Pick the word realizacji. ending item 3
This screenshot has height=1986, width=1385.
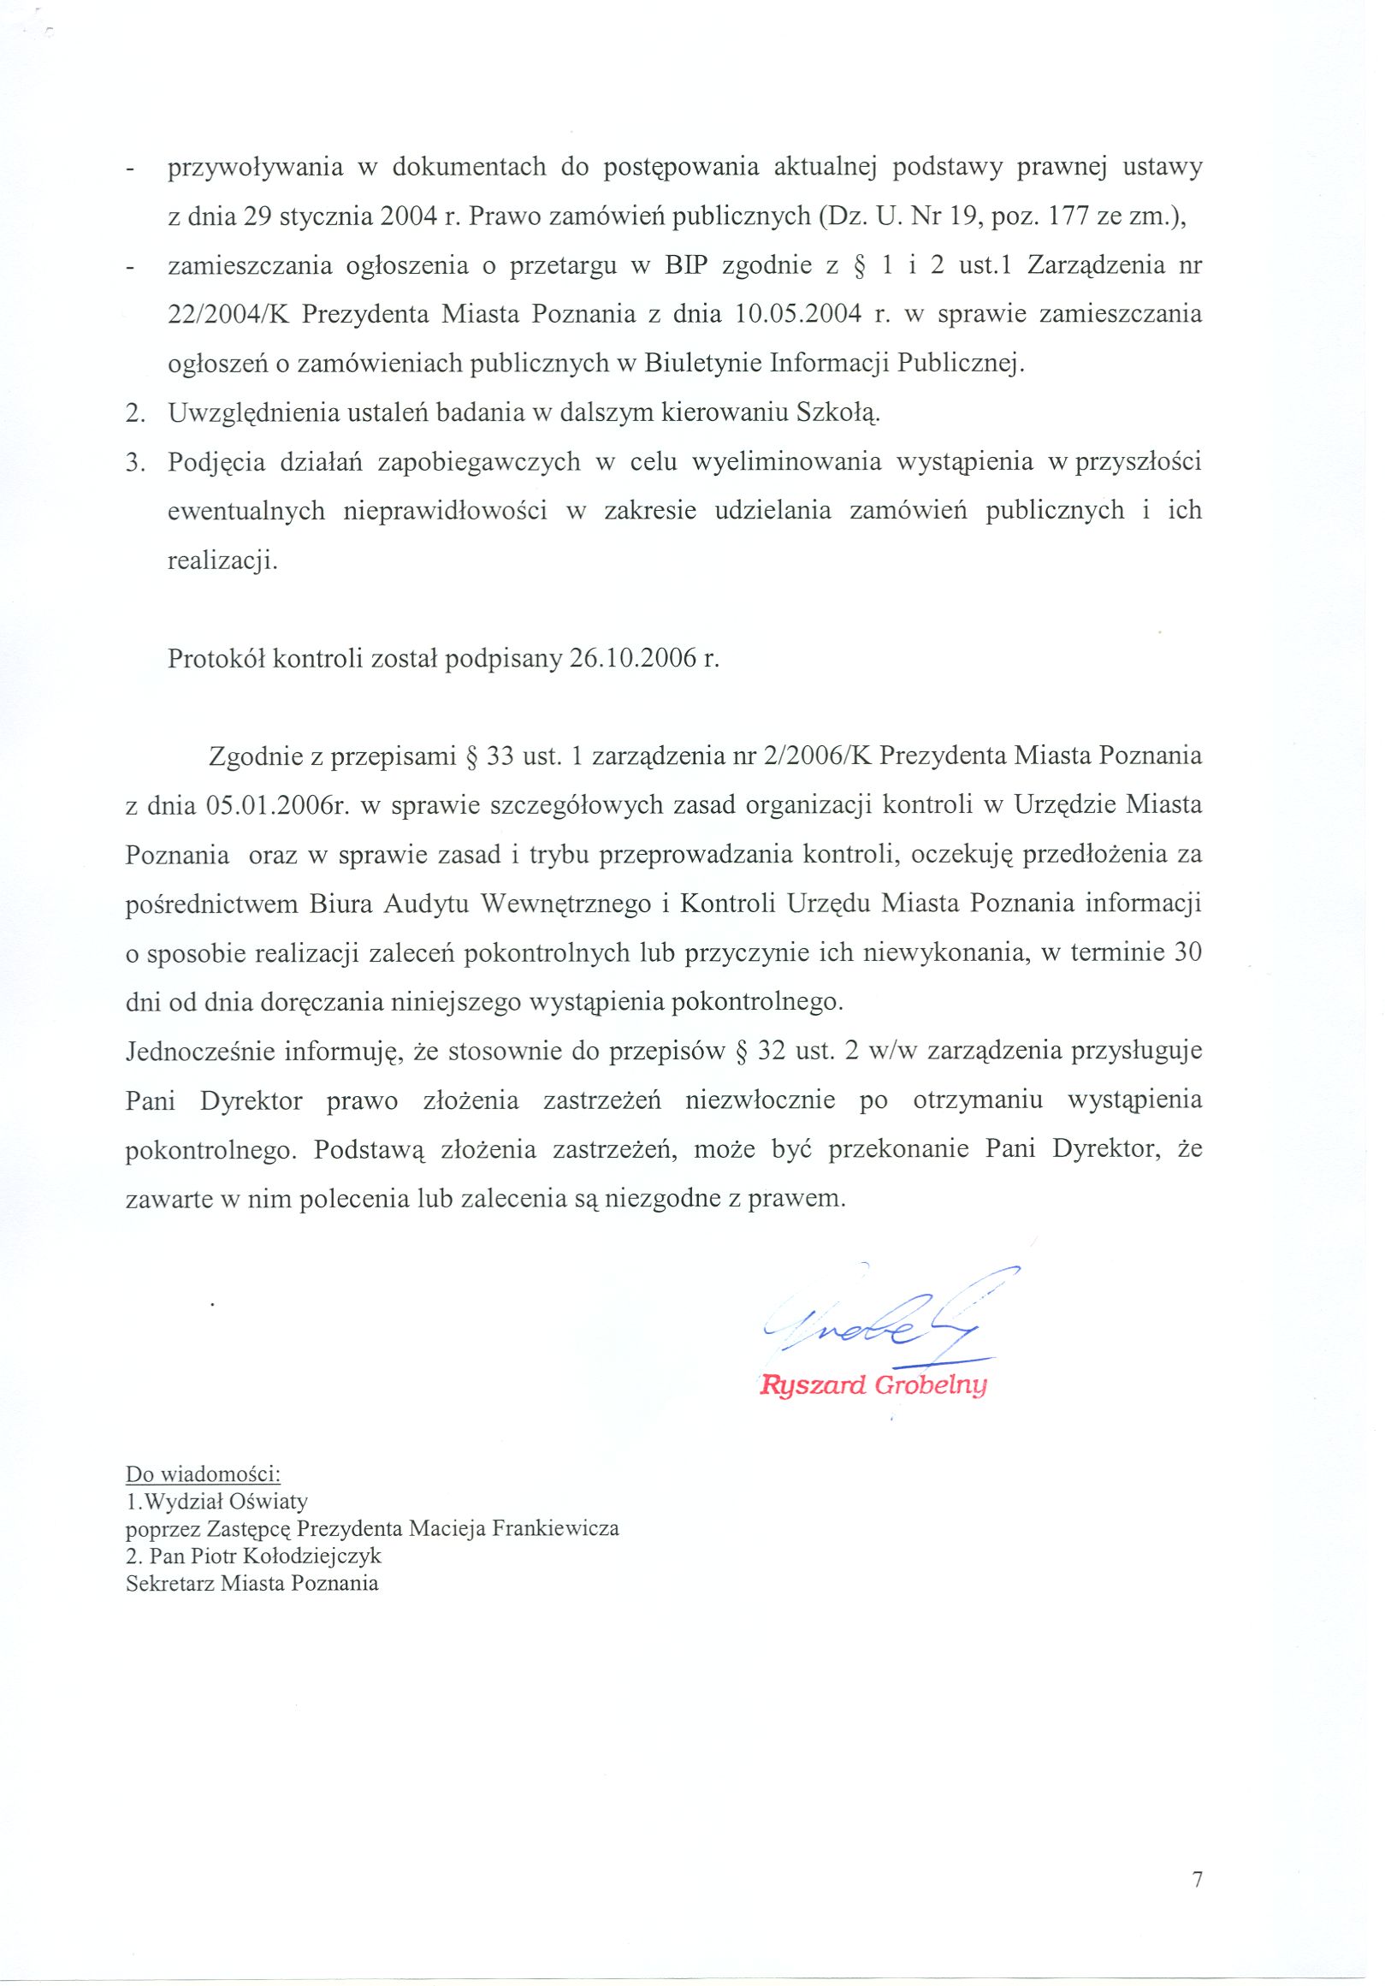(x=223, y=560)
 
